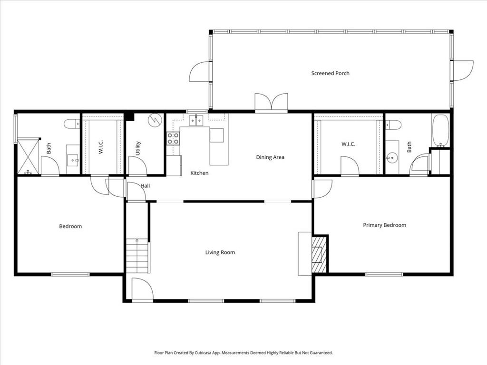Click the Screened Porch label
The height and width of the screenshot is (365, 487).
[330, 73]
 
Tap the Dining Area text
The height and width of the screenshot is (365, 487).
[270, 157]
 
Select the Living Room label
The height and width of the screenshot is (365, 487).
[220, 252]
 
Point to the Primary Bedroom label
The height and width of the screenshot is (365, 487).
[384, 225]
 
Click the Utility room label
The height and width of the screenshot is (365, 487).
[138, 148]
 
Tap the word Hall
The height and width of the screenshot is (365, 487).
[145, 186]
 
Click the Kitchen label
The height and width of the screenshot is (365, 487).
[199, 173]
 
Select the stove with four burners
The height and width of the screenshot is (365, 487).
[173, 138]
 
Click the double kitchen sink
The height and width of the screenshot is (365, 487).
[195, 120]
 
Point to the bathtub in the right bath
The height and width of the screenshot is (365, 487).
[440, 130]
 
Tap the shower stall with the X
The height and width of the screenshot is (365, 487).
[28, 156]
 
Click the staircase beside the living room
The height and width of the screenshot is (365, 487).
[137, 257]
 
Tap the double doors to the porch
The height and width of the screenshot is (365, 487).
[271, 103]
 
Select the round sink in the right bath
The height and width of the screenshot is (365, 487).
[392, 156]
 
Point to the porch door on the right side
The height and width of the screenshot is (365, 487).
[462, 70]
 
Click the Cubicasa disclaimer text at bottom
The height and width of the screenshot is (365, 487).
[243, 353]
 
